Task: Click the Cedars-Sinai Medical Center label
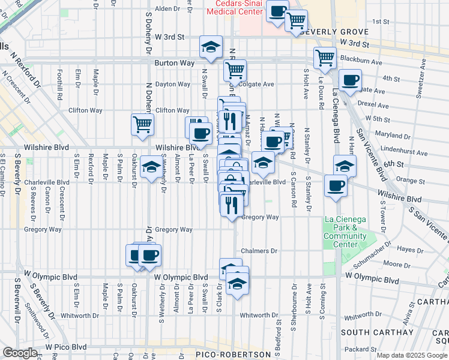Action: pyautogui.click(x=234, y=7)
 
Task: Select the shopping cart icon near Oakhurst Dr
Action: pyautogui.click(x=142, y=125)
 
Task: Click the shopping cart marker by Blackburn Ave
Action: pyautogui.click(x=325, y=58)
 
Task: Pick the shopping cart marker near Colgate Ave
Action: pyautogui.click(x=235, y=70)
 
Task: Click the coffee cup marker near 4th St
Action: pyautogui.click(x=350, y=80)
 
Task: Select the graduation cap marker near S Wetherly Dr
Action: pyautogui.click(x=151, y=166)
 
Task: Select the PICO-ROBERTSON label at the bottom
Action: pyautogui.click(x=234, y=355)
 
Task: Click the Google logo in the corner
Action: pyautogui.click(x=20, y=353)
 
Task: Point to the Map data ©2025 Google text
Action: pyautogui.click(x=411, y=355)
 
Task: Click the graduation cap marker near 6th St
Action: pyautogui.click(x=345, y=164)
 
